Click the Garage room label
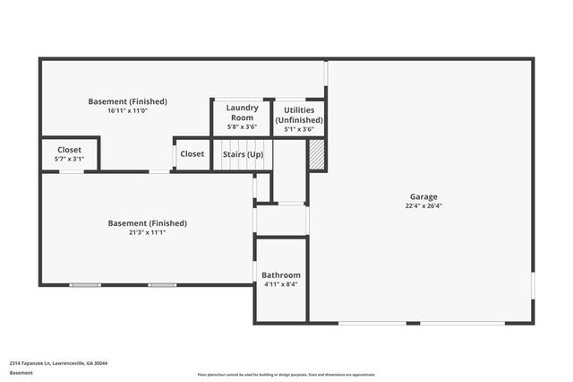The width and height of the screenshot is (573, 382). [x=423, y=196]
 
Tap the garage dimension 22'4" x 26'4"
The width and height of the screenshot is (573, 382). [x=423, y=205]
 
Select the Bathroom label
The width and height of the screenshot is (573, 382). [x=281, y=274]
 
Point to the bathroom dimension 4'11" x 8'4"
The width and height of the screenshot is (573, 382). [x=281, y=284]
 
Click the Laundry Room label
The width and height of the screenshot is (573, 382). [x=241, y=112]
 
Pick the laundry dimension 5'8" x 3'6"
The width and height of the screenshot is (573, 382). [x=241, y=127]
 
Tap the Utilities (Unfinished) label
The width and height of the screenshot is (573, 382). [x=299, y=114]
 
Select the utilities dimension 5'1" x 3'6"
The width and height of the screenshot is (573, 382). [x=299, y=128]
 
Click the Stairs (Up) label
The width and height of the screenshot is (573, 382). [x=243, y=154]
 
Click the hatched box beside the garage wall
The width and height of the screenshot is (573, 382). [x=315, y=154]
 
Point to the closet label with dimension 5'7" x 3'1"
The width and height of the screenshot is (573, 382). [x=70, y=150]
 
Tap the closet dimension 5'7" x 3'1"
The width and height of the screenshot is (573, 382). [x=70, y=160]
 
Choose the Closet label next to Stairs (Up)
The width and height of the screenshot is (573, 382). [x=192, y=154]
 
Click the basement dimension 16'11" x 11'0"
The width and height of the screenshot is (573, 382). [x=127, y=111]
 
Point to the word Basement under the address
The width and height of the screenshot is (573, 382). [x=21, y=373]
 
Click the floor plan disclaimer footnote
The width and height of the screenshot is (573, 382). [x=286, y=375]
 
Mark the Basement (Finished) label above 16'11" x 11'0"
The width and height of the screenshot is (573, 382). [x=127, y=101]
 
